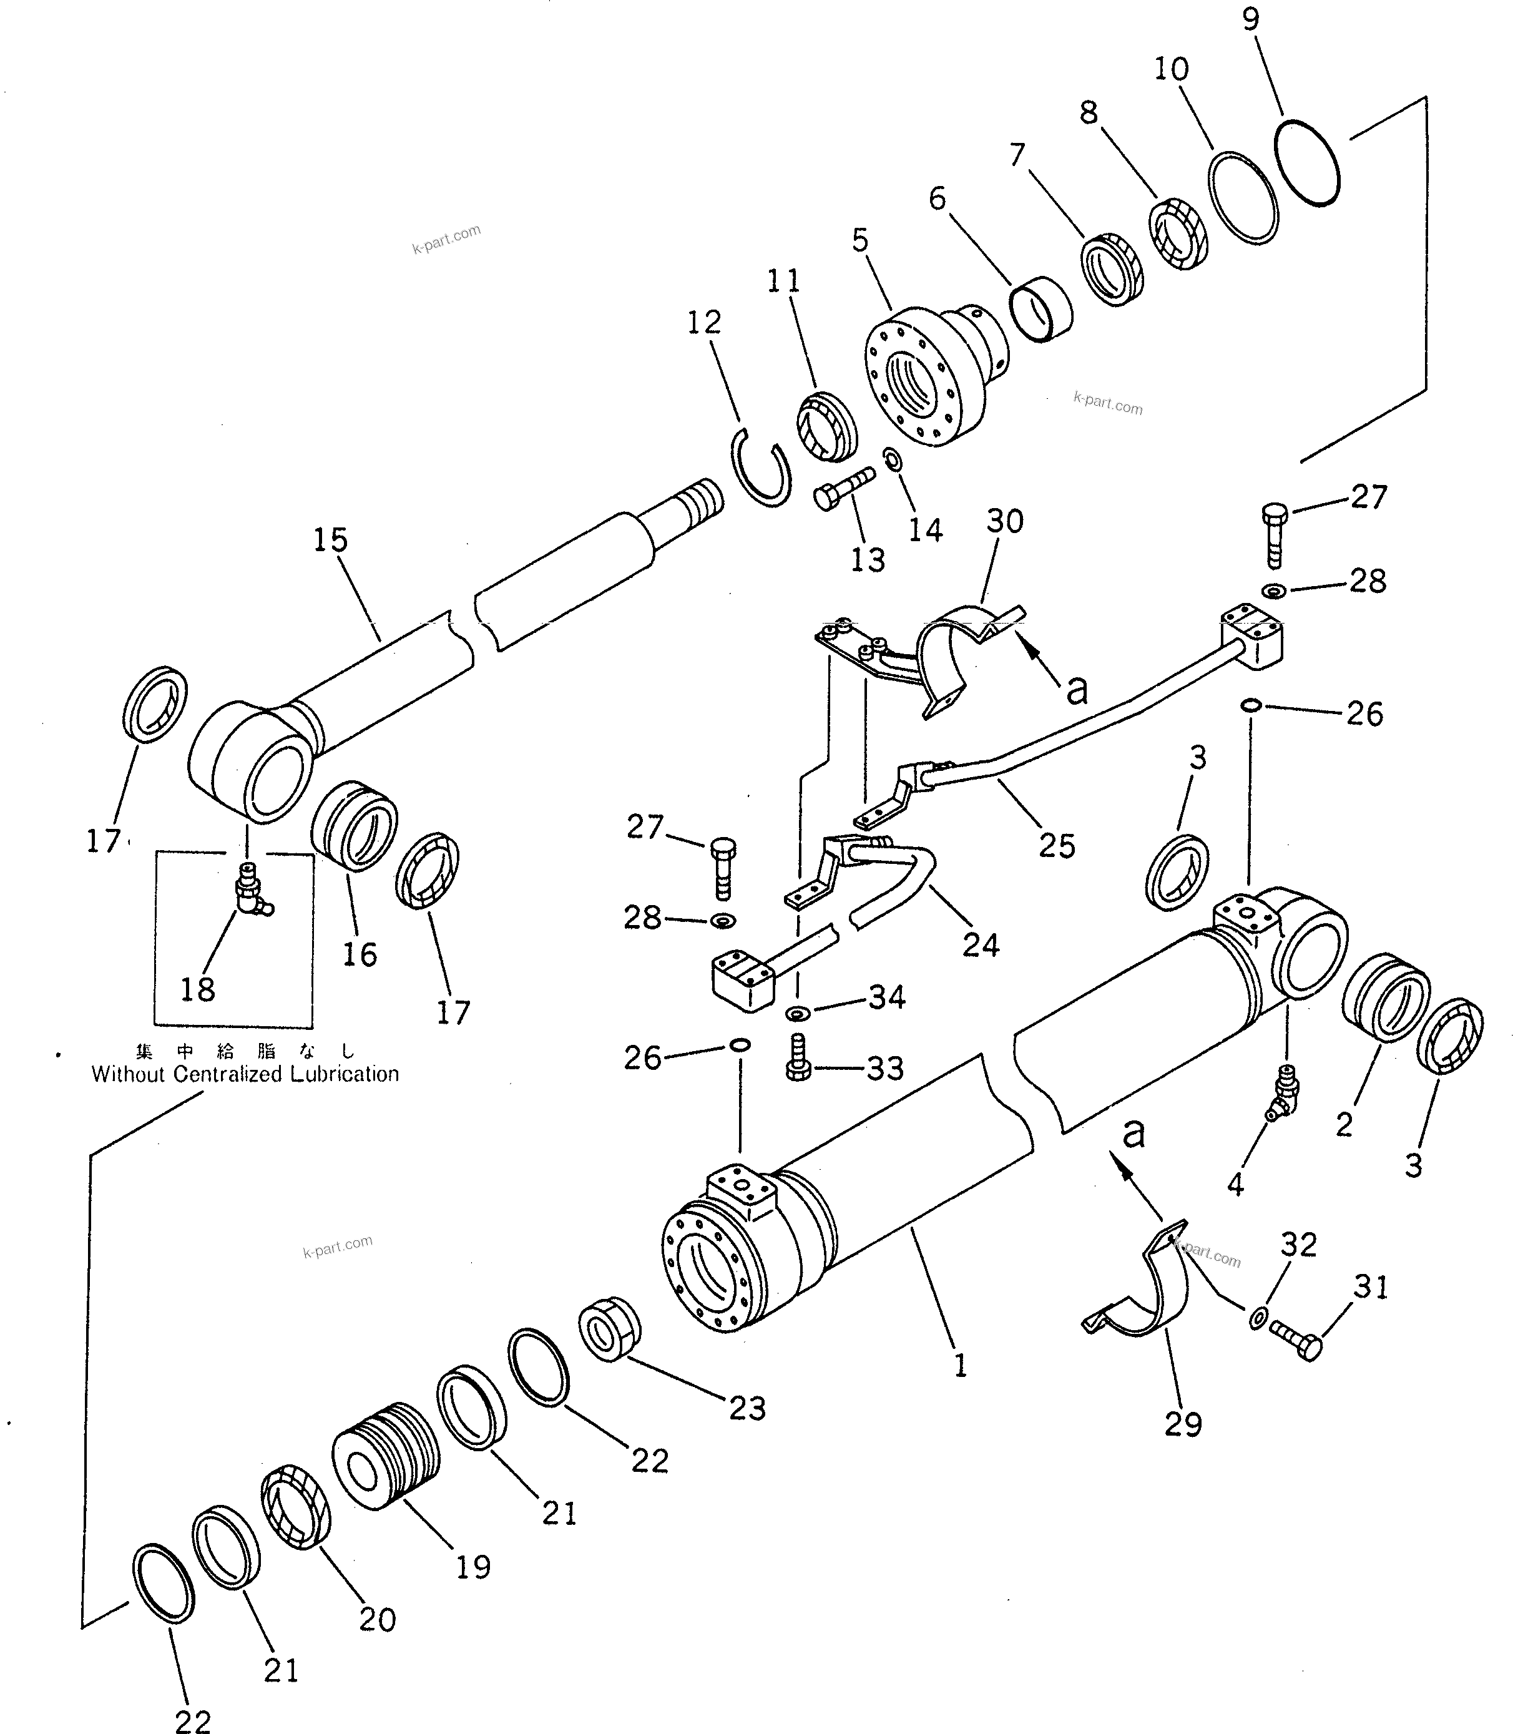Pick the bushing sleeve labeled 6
click(x=1042, y=310)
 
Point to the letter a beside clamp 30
click(x=1077, y=690)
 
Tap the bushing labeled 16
click(x=355, y=826)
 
